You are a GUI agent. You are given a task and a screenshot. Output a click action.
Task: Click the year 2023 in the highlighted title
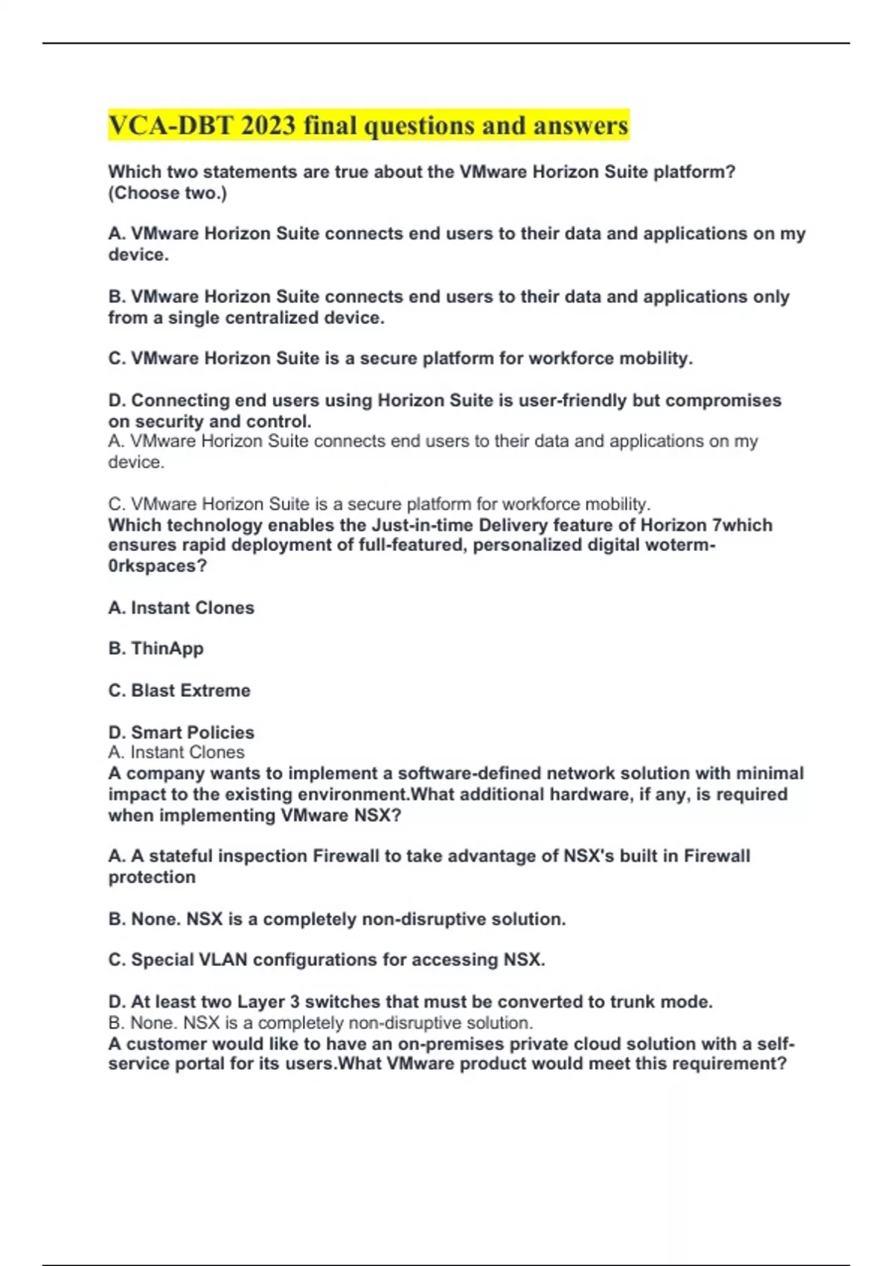point(268,125)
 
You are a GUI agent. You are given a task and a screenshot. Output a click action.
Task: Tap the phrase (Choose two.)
point(167,193)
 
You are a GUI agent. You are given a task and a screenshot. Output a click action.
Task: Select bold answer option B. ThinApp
point(156,649)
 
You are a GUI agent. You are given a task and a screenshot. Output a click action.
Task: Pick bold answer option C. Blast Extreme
point(179,690)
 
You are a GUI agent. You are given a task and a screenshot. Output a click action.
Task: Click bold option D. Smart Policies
point(181,732)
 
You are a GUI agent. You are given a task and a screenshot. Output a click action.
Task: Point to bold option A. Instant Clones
point(181,608)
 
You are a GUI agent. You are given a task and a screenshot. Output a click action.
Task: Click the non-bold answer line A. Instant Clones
point(176,752)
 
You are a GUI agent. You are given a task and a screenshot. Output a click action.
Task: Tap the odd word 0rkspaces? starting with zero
point(157,566)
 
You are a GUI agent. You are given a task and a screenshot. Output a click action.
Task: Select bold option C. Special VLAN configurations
point(326,960)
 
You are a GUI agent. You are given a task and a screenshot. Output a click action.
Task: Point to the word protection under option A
point(152,877)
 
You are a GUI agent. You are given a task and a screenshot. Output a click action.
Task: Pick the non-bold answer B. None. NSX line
point(320,1022)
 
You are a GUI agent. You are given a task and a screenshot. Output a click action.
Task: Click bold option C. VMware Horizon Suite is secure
point(400,359)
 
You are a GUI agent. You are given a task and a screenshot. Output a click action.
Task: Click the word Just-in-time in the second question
point(422,525)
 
